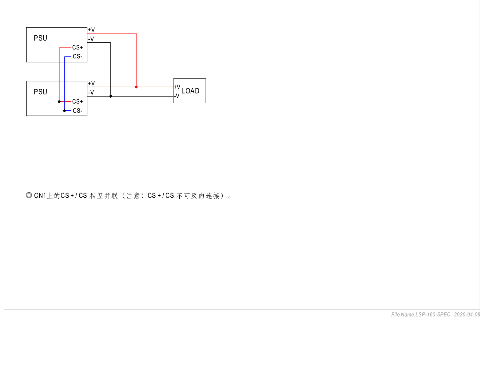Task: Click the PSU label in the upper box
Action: click(x=40, y=38)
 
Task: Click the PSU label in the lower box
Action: click(x=40, y=92)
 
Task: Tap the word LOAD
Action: click(x=190, y=91)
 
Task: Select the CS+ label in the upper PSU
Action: click(x=78, y=47)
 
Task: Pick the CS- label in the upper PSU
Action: click(x=78, y=56)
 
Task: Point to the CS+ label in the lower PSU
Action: click(x=78, y=101)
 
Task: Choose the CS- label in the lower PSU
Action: click(x=78, y=111)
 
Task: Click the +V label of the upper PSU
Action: click(x=91, y=30)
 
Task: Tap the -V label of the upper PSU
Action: click(x=91, y=39)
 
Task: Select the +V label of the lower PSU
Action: click(x=91, y=83)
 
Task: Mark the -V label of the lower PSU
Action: click(x=91, y=92)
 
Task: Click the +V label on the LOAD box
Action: click(x=177, y=87)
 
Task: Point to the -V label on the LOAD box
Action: click(x=177, y=96)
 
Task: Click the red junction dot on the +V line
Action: click(x=136, y=87)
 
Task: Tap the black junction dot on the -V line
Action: click(x=111, y=96)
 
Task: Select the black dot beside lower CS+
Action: click(x=59, y=102)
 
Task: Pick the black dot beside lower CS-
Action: click(x=64, y=111)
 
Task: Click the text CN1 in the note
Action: click(x=40, y=196)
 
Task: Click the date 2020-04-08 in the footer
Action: click(x=467, y=315)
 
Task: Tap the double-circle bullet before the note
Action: click(x=29, y=195)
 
